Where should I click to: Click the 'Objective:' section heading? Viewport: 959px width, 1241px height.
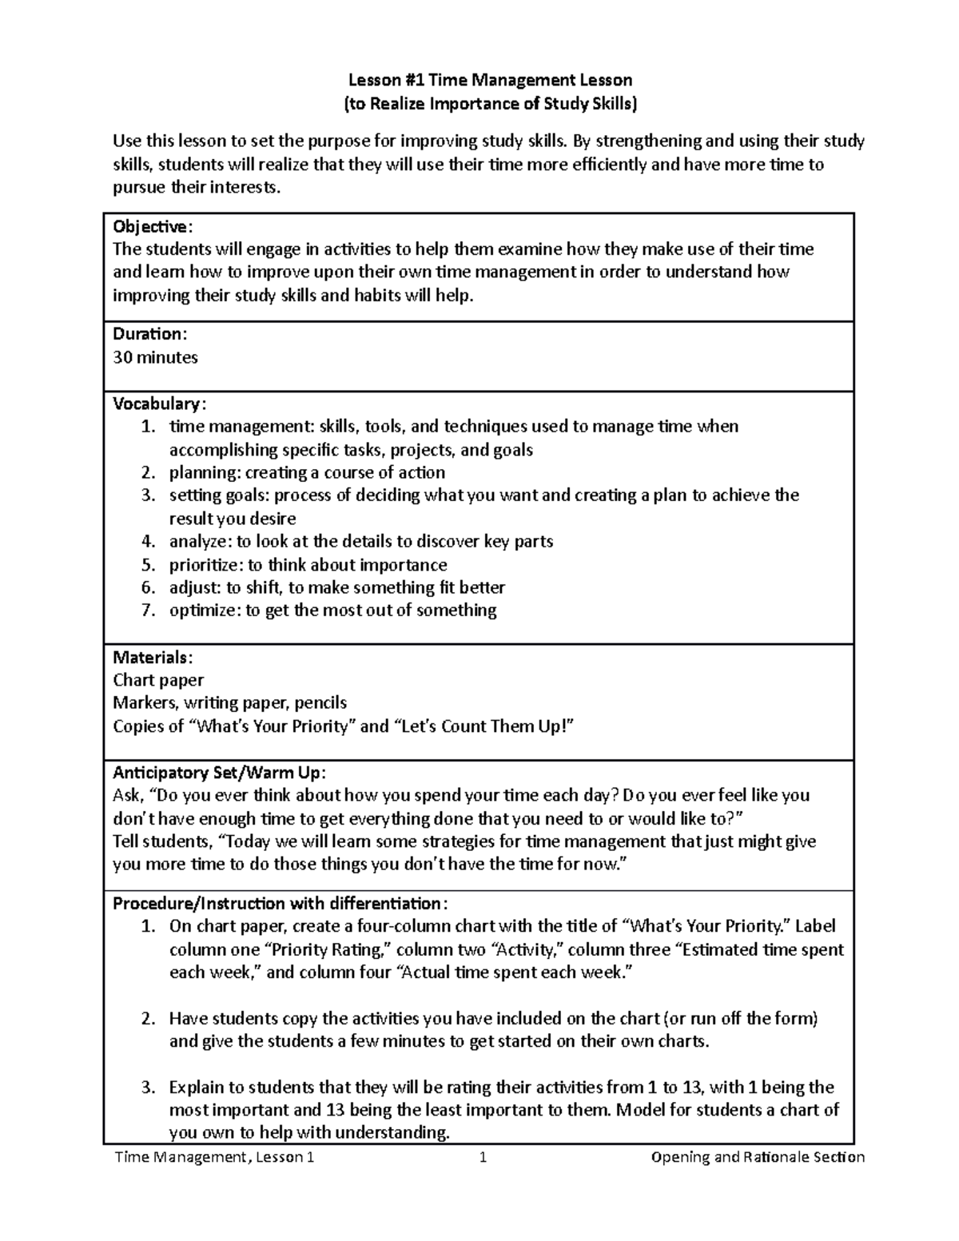[x=153, y=226]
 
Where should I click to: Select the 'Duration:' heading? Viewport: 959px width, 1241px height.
[x=149, y=334]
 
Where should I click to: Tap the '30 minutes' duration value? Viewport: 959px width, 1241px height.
[x=155, y=357]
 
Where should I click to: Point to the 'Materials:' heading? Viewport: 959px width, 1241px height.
[x=152, y=658]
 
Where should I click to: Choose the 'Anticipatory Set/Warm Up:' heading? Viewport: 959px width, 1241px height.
[x=219, y=773]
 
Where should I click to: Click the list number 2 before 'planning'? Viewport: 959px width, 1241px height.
[x=147, y=472]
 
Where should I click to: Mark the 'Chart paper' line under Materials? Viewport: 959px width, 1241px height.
[x=158, y=680]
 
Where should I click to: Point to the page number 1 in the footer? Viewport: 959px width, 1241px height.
[x=483, y=1157]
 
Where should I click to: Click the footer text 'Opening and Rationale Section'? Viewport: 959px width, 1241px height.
[x=758, y=1157]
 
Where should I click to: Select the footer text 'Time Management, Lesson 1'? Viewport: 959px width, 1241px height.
[x=213, y=1157]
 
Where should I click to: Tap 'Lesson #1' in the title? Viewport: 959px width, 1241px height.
[x=377, y=80]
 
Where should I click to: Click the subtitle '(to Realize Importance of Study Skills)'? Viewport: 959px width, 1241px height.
[x=490, y=103]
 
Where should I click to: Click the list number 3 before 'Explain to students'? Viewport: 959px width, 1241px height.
[x=147, y=1088]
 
